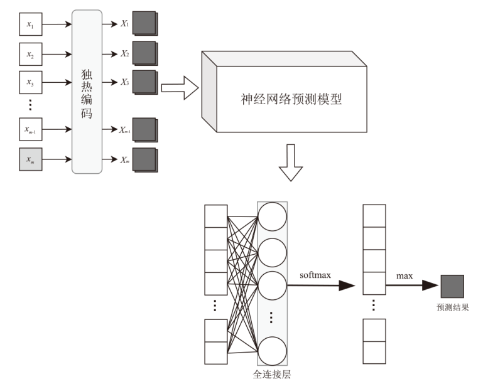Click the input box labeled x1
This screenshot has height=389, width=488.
coord(30,24)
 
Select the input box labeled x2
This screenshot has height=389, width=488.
coord(30,54)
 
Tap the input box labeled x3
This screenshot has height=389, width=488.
coord(30,82)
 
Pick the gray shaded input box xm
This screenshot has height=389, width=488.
coord(30,159)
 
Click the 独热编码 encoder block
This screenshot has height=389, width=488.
coord(87,91)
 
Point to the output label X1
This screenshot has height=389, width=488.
coord(124,24)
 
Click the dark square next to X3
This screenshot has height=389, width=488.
coord(144,82)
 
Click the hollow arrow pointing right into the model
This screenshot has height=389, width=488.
coord(180,88)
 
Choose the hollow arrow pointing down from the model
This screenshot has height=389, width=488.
coord(290,163)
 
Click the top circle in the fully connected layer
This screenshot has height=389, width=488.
coord(272,216)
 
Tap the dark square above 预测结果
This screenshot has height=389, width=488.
coord(452,286)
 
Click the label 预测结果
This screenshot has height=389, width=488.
coord(453,308)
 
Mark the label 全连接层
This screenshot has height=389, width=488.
coord(272,375)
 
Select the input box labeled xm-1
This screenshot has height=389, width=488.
coord(30,130)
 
